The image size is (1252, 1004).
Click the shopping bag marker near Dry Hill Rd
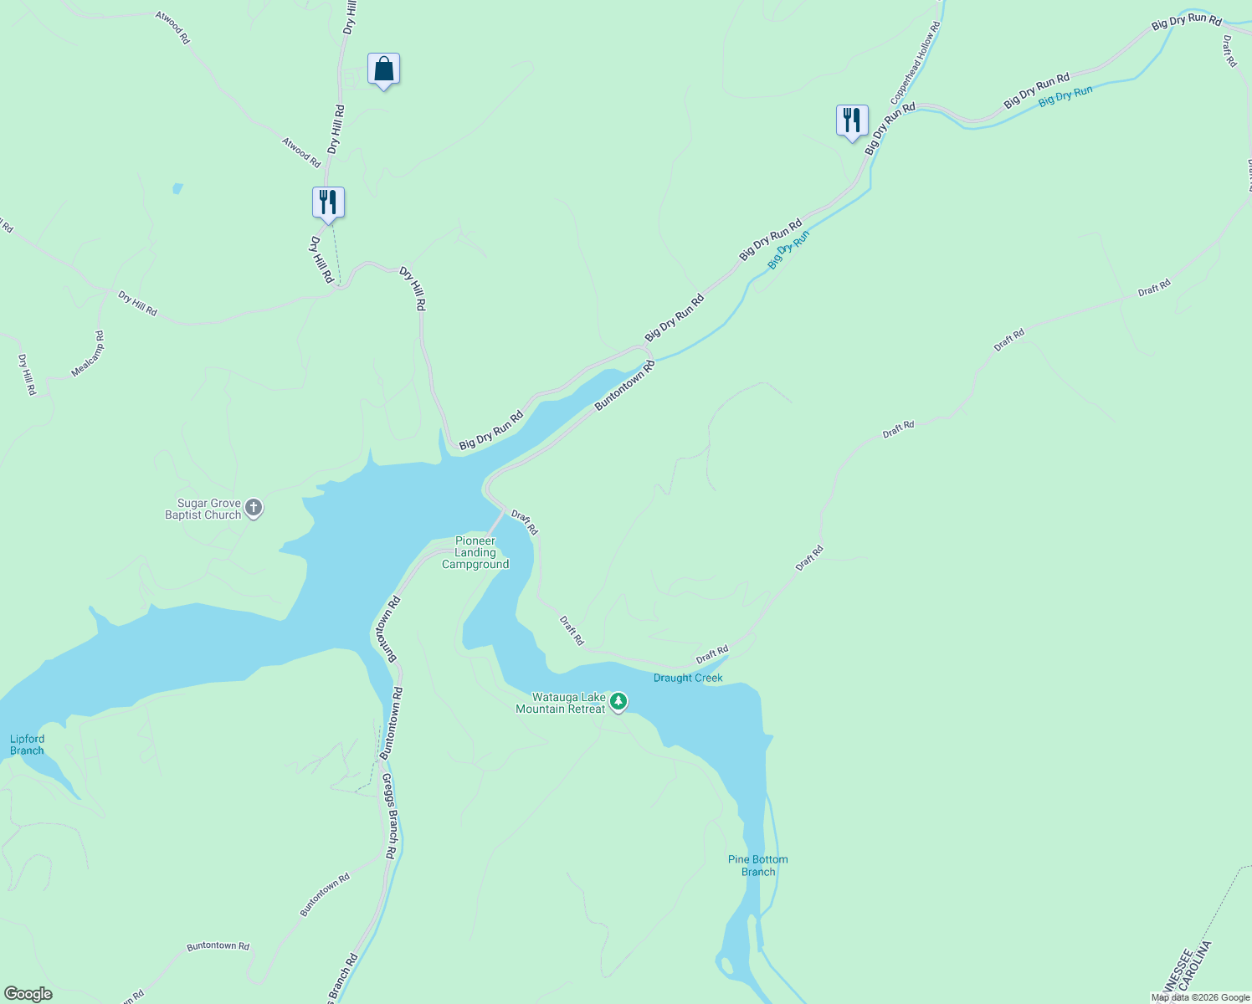point(383,69)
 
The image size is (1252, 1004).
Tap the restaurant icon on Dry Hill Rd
point(328,202)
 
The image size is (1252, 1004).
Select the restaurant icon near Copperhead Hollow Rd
point(852,120)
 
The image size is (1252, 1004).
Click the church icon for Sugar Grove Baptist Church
point(254,508)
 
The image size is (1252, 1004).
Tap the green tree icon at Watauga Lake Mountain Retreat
point(618,701)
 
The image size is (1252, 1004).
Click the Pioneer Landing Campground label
point(475,553)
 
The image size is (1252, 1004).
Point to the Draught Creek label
point(688,678)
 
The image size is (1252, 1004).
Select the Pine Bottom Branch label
point(757,866)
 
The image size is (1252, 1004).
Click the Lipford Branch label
point(27,745)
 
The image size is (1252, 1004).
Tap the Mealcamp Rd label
point(88,354)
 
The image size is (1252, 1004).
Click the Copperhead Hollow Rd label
point(915,64)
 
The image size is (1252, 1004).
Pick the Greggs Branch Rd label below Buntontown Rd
point(389,817)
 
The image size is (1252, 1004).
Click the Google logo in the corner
point(28,994)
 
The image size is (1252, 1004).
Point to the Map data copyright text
point(1200,997)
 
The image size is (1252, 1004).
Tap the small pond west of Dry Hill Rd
point(177,188)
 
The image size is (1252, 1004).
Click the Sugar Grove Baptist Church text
point(203,510)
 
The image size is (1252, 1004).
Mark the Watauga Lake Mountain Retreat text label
point(560,704)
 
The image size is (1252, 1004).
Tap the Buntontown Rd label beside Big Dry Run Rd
point(624,385)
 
